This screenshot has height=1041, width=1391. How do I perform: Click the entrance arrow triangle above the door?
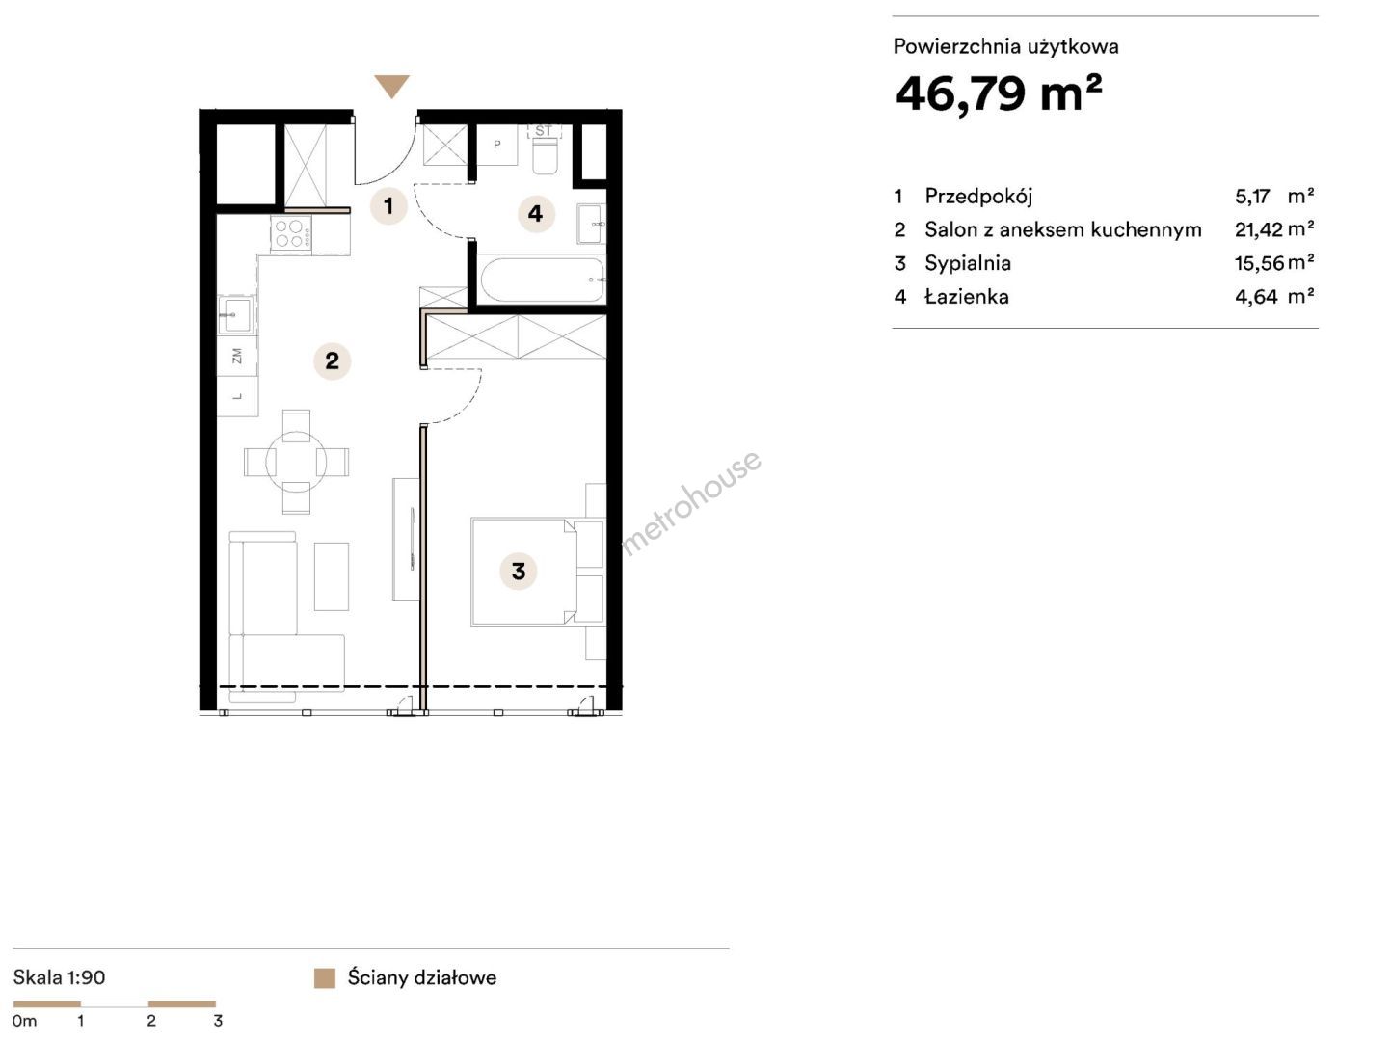(391, 85)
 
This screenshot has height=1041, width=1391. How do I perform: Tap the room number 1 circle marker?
(388, 205)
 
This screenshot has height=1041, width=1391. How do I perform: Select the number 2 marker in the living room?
(332, 361)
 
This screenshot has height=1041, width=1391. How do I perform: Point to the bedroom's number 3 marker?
(519, 571)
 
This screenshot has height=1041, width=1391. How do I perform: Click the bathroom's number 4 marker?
(536, 214)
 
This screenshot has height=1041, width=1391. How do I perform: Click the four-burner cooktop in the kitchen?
(291, 233)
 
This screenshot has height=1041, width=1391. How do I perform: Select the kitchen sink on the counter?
(236, 315)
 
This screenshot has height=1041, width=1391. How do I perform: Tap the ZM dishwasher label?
(237, 356)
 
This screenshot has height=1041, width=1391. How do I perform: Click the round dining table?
(296, 462)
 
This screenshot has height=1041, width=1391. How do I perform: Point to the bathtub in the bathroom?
(542, 280)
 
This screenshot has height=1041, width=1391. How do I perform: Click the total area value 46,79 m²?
(999, 93)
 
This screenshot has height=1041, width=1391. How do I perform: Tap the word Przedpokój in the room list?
(978, 197)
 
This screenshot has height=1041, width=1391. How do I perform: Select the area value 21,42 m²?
(1273, 229)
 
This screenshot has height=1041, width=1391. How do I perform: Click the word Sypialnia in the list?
(968, 263)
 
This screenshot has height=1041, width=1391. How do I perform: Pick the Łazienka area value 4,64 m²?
(1273, 297)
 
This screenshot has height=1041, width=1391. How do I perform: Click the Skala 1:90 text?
(59, 977)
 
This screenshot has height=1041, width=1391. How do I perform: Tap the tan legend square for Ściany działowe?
(325, 977)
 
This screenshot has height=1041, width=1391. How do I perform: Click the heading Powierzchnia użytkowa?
(1005, 47)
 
